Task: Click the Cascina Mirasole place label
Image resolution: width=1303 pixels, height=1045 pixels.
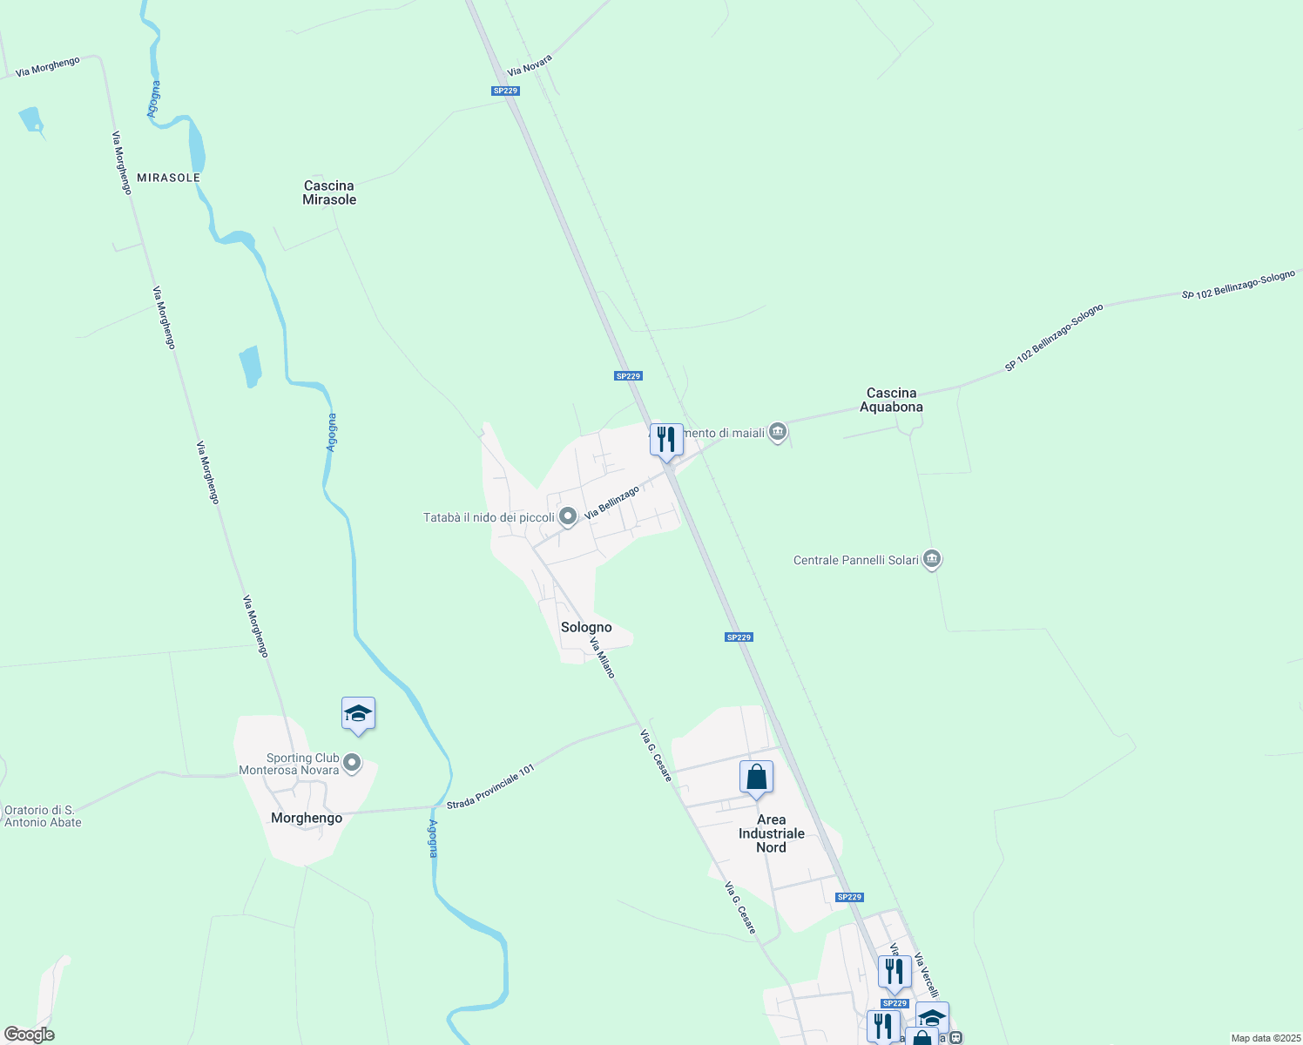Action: click(x=329, y=192)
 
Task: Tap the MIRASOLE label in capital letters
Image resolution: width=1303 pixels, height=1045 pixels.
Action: click(x=168, y=178)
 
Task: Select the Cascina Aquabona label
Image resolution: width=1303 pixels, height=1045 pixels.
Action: click(x=891, y=400)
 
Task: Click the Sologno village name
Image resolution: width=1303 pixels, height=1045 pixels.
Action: click(x=586, y=627)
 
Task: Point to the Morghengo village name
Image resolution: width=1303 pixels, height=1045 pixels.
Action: click(x=307, y=818)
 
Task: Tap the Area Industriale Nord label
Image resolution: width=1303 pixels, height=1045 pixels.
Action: click(x=771, y=833)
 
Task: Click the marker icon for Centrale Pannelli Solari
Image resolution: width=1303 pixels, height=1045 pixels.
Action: click(x=932, y=559)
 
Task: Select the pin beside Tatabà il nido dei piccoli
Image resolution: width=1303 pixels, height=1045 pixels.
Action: click(x=568, y=517)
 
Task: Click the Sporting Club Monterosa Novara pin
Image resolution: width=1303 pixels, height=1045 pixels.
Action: click(x=353, y=764)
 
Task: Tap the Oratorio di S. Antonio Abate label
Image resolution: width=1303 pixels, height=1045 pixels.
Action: click(x=43, y=816)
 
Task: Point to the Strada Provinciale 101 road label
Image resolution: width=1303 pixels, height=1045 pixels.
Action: click(x=490, y=787)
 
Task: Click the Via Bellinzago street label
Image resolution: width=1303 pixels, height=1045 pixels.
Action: click(x=611, y=503)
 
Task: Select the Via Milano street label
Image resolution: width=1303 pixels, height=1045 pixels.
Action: click(x=602, y=657)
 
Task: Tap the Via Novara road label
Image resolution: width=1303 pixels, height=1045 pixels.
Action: click(x=530, y=64)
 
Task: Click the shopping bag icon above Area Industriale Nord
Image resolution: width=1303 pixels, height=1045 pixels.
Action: click(x=756, y=777)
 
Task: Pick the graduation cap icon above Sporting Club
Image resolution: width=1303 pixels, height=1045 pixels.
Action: click(x=358, y=714)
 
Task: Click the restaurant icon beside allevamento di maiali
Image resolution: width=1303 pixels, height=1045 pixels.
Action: click(x=666, y=440)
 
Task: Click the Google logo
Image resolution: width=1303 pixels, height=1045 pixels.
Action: click(x=29, y=1035)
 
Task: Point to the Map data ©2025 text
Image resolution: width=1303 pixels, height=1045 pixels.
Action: click(x=1265, y=1038)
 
